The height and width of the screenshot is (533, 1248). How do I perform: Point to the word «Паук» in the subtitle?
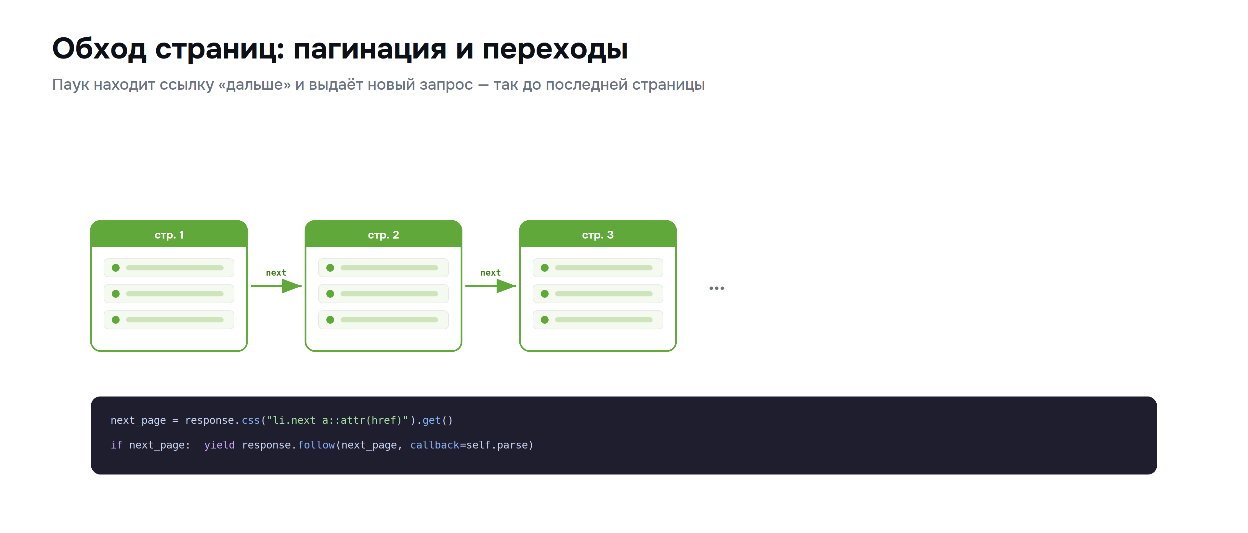click(71, 85)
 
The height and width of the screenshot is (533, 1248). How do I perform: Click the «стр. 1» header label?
click(169, 235)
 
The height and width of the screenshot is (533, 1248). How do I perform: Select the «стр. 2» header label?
click(383, 235)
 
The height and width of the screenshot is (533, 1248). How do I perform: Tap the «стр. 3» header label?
click(598, 235)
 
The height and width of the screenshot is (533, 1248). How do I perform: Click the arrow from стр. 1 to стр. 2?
click(276, 286)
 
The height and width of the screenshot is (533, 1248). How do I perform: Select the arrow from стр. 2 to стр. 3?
click(491, 286)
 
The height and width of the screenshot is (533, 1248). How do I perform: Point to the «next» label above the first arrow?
click(276, 273)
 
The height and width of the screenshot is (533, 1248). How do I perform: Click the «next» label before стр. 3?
click(491, 273)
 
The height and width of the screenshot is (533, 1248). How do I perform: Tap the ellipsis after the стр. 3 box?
click(717, 288)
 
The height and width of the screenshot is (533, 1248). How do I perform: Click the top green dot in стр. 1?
click(116, 268)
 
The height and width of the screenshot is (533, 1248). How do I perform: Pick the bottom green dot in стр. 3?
click(545, 320)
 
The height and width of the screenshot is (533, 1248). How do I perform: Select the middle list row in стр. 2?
click(383, 293)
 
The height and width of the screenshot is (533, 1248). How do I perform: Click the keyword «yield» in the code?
click(219, 445)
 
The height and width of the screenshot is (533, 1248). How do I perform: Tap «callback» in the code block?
click(435, 445)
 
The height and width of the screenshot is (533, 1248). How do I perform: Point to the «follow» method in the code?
click(316, 445)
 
